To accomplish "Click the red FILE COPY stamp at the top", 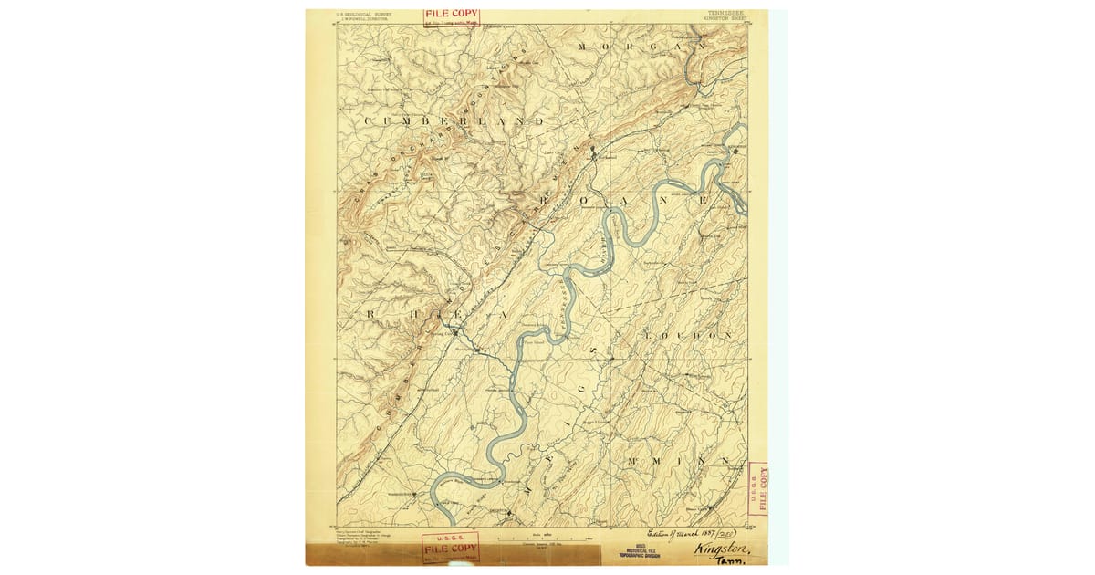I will pyautogui.click(x=451, y=16).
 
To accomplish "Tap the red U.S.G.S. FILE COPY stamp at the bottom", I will pyautogui.click(x=449, y=547).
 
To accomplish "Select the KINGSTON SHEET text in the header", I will pyautogui.click(x=726, y=19).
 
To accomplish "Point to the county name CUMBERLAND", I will pyautogui.click(x=454, y=121).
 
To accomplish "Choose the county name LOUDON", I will pyautogui.click(x=689, y=336).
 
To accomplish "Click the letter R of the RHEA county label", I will pyautogui.click(x=370, y=313).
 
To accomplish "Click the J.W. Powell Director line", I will pyautogui.click(x=362, y=19).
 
